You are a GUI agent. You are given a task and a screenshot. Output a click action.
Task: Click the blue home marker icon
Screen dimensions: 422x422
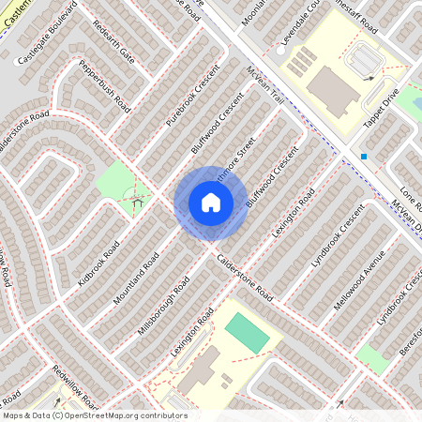coord(211,203)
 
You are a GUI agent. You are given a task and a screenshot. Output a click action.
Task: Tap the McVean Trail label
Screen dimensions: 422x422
coord(264,87)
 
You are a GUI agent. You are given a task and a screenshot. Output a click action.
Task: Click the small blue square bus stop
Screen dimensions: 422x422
coord(364,156)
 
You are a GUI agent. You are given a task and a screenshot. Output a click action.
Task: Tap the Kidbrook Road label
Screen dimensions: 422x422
coord(98,265)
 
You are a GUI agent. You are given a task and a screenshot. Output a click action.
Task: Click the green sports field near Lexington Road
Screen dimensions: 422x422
coord(246,333)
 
